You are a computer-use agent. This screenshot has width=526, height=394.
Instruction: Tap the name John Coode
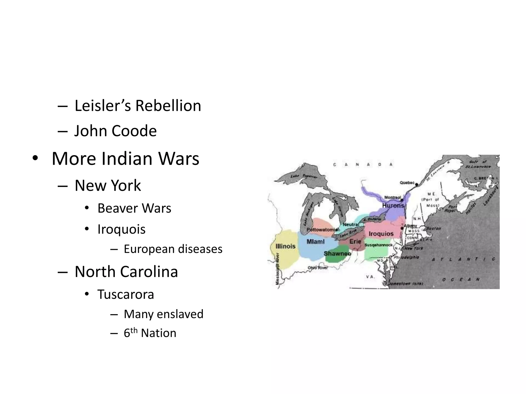click(115, 131)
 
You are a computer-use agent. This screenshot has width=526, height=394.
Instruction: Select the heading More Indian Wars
click(125, 159)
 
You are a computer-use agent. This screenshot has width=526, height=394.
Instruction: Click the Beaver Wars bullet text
click(134, 208)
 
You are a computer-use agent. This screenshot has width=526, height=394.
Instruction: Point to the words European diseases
click(173, 249)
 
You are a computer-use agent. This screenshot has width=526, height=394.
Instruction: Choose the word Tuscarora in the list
click(126, 294)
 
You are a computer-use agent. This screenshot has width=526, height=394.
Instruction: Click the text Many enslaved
click(163, 314)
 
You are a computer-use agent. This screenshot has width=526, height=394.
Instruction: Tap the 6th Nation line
click(150, 333)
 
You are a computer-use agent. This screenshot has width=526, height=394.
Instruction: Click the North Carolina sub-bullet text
click(126, 272)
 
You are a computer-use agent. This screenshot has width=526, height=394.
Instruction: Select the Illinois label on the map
click(285, 246)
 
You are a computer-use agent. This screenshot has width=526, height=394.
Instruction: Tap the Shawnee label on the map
click(337, 254)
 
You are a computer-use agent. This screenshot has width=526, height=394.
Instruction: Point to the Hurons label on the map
click(393, 205)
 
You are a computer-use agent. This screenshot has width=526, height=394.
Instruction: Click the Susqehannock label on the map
click(379, 245)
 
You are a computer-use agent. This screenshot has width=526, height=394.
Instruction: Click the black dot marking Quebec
click(416, 184)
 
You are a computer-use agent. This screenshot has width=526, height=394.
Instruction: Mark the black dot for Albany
click(402, 228)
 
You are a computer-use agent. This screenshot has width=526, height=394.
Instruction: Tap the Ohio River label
click(318, 268)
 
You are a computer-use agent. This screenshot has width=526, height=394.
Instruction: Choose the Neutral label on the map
click(351, 225)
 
